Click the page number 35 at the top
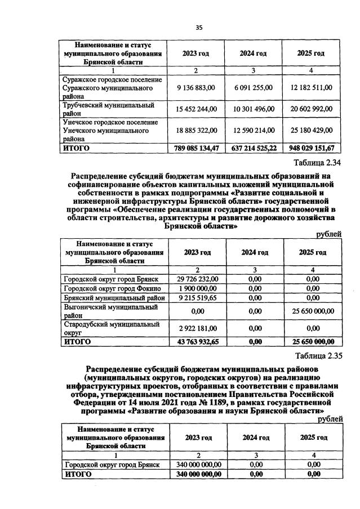(198, 28)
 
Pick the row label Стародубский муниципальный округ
(107, 328)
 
